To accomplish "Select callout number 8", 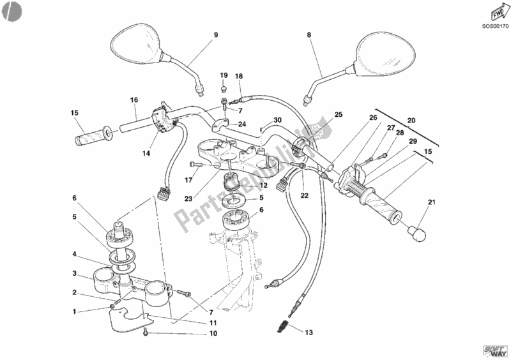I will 309,36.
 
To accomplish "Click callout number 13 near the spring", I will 309,333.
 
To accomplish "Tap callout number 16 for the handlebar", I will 134,100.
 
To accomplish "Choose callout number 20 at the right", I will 411,120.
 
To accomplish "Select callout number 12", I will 245,185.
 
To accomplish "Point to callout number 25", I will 339,115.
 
